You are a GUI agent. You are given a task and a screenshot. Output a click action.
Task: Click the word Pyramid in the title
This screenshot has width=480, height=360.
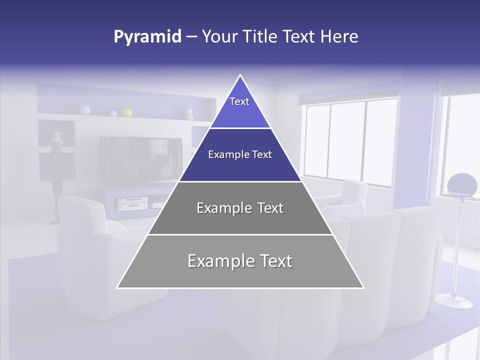click(147, 37)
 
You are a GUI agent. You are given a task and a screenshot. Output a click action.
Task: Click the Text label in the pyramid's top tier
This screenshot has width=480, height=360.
click(239, 101)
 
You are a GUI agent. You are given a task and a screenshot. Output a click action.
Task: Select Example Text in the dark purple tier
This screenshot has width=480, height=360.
click(240, 154)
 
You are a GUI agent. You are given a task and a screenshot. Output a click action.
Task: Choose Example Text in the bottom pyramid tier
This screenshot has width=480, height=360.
click(240, 261)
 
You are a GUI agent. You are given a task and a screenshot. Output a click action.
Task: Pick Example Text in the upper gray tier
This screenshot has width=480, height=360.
click(240, 208)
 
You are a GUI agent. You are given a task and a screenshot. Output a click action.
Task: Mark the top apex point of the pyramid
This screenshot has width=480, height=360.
click(240, 75)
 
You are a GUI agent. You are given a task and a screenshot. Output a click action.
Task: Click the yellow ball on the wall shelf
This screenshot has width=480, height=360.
click(127, 112)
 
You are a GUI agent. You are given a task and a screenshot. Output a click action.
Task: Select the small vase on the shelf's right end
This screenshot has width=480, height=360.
click(189, 114)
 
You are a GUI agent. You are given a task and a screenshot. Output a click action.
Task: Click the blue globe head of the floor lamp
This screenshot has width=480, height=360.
click(462, 184)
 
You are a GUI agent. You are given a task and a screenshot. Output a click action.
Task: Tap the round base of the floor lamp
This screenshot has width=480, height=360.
click(453, 301)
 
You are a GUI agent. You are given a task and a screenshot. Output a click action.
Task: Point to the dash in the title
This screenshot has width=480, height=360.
click(191, 37)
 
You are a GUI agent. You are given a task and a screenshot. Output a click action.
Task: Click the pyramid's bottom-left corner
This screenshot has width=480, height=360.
click(117, 287)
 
